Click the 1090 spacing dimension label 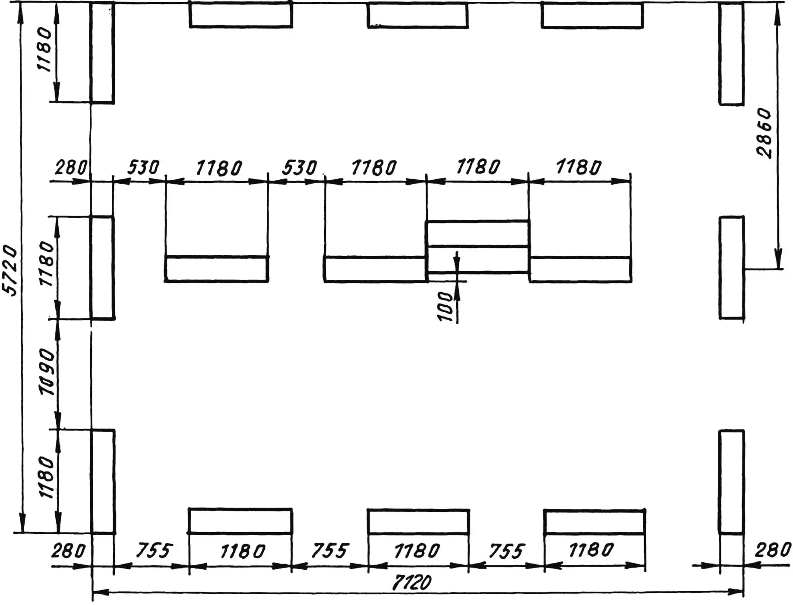(x=47, y=373)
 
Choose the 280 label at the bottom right (x=772, y=550)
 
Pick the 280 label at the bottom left (x=68, y=551)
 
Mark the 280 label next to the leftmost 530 (x=70, y=167)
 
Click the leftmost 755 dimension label (x=154, y=551)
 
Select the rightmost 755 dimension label (x=506, y=551)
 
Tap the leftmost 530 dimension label (x=143, y=167)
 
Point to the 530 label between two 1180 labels (x=299, y=167)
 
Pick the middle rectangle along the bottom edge (x=418, y=521)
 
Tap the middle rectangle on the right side (x=731, y=267)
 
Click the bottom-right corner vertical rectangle (x=731, y=481)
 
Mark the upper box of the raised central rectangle (x=477, y=233)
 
